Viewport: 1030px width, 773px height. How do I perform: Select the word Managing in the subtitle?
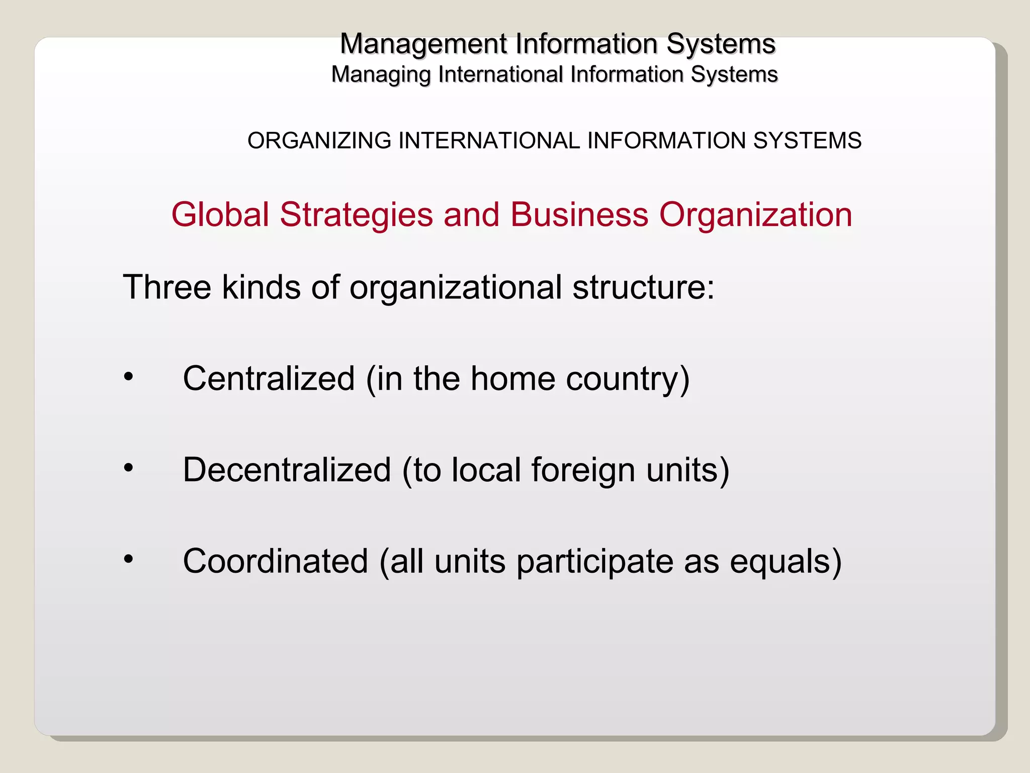click(x=381, y=75)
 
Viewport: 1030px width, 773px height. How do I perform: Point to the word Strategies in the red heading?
click(x=356, y=215)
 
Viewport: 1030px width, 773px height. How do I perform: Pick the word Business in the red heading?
click(x=579, y=215)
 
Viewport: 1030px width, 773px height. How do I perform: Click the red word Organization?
click(x=755, y=215)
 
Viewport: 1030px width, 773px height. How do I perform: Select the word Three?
click(x=167, y=287)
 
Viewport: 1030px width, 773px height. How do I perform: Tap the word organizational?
click(x=455, y=287)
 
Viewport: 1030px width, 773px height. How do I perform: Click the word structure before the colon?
click(x=638, y=287)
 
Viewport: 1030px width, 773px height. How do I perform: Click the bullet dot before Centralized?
click(x=129, y=376)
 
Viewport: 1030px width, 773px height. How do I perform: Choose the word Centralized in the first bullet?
click(x=269, y=378)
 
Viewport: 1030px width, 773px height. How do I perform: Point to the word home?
click(x=512, y=378)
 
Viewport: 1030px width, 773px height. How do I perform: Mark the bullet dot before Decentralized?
click(x=129, y=468)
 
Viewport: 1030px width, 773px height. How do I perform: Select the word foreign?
click(x=583, y=471)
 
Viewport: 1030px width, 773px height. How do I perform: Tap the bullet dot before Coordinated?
click(x=129, y=559)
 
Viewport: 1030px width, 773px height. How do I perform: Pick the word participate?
click(x=594, y=562)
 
